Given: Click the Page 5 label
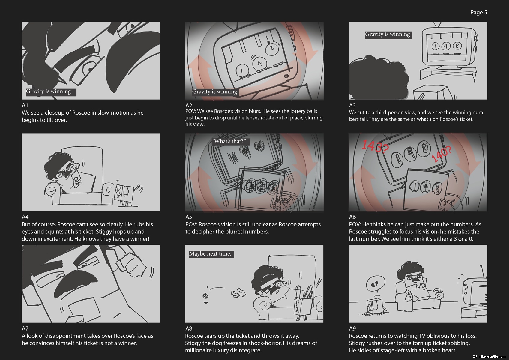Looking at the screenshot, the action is point(478,13).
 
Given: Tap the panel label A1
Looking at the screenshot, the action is point(25,105).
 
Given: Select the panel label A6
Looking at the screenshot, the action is point(352,217).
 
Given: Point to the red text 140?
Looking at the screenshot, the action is point(441,154).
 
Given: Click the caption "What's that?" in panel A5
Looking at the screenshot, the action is point(230,141).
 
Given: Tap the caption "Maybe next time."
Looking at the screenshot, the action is point(210,254).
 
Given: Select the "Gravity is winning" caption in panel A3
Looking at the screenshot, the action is point(388,34).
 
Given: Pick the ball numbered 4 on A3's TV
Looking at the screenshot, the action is point(446,46).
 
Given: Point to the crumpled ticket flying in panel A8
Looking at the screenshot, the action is point(238,293).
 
